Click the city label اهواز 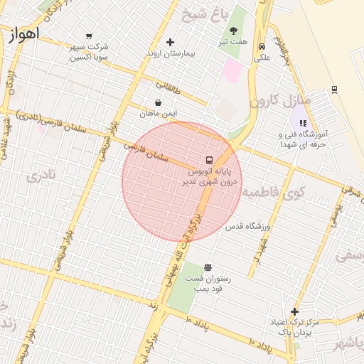tap(24, 34)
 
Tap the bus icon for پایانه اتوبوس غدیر tap(209, 160)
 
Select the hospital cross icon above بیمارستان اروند tap(169, 42)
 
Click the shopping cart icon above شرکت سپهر tap(89, 36)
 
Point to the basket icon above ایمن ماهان tap(158, 103)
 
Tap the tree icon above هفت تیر tap(234, 31)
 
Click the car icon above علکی tap(262, 47)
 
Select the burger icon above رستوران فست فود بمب tap(208, 267)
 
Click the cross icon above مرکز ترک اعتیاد tap(294, 311)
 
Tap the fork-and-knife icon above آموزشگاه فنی tap(303, 123)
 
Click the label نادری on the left tap(41, 176)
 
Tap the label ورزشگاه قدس tap(249, 226)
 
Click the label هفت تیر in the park tap(234, 41)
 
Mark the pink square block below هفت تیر tap(232, 70)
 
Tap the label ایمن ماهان tap(158, 114)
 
